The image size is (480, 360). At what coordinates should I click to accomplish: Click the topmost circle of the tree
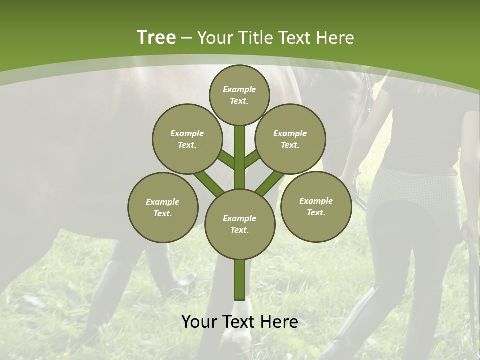(x=239, y=95)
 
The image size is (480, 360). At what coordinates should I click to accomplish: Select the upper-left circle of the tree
(x=187, y=139)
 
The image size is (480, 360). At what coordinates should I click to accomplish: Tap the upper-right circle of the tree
(x=290, y=139)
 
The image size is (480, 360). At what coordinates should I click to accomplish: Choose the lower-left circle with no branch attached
(x=163, y=207)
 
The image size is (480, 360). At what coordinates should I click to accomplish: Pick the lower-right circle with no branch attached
(x=316, y=206)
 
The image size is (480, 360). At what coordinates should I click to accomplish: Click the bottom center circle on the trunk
(x=240, y=224)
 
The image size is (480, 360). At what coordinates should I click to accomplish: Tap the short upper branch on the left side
(x=226, y=160)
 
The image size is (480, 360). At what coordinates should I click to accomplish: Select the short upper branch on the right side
(x=252, y=159)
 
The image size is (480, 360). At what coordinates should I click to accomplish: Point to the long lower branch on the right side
(x=270, y=182)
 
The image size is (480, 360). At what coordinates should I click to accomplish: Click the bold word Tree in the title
(x=156, y=37)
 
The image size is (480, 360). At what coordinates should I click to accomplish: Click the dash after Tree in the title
(x=186, y=38)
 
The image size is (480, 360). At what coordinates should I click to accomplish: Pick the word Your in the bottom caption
(x=199, y=322)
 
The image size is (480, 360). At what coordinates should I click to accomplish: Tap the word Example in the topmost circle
(x=239, y=89)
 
